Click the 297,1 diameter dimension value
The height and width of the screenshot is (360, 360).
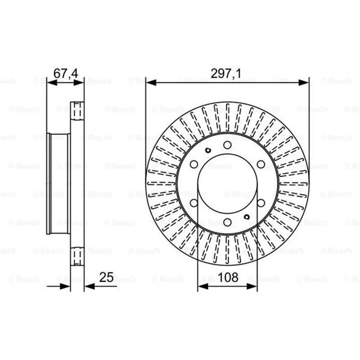point(226,74)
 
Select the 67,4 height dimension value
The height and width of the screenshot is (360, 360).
point(66,73)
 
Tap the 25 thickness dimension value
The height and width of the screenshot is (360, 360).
point(106,277)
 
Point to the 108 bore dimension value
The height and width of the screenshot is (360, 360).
point(228,277)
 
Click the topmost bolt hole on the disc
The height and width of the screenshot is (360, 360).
point(227,145)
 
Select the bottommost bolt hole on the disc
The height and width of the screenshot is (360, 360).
point(227,222)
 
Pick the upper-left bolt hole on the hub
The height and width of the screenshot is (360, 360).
point(194,164)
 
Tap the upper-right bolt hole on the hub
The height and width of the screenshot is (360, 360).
point(261,164)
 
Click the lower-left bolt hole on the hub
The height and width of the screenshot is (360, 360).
point(194,203)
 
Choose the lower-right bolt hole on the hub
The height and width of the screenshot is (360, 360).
point(261,203)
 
